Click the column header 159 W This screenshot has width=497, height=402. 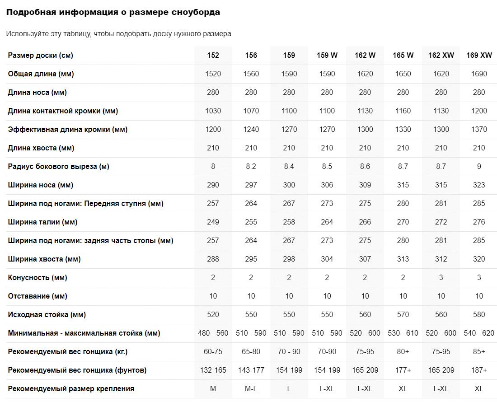(x=327, y=55)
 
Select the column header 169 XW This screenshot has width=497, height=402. (x=479, y=55)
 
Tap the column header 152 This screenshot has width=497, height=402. (x=213, y=55)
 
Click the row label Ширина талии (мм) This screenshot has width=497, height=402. (x=42, y=222)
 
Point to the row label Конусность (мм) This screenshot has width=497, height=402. (x=38, y=277)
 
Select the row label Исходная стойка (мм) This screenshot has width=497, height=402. (x=47, y=314)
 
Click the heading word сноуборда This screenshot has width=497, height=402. (x=196, y=12)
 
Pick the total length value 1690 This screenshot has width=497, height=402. (x=479, y=74)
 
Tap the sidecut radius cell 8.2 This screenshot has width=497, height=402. (x=251, y=166)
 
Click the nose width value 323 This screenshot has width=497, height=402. (x=479, y=185)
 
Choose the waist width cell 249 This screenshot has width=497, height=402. (x=213, y=222)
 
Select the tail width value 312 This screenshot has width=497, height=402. (x=441, y=259)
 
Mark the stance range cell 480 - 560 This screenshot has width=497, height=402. (x=213, y=333)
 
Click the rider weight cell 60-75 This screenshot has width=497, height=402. (x=213, y=351)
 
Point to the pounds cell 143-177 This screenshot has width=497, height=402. (x=251, y=370)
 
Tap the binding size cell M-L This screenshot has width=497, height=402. (x=251, y=388)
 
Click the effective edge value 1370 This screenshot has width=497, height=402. (x=479, y=129)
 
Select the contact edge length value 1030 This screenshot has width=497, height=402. (x=213, y=111)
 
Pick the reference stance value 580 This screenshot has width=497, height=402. (x=479, y=314)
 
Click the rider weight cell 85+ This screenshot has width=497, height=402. (x=479, y=351)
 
